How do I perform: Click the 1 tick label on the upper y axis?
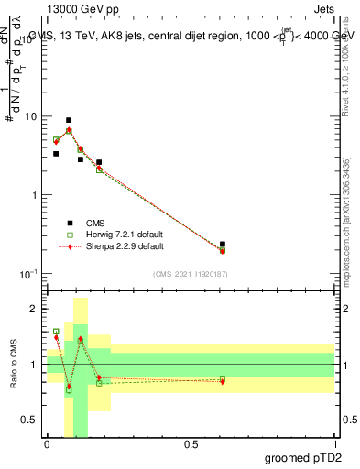(34, 196)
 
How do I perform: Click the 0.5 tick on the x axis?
(191, 444)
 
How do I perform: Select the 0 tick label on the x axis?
(47, 444)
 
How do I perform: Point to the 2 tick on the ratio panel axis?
(34, 310)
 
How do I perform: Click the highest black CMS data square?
(69, 120)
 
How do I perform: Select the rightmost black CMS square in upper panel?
(223, 245)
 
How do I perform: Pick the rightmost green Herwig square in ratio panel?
(223, 379)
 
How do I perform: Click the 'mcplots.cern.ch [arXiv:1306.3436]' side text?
(346, 221)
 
